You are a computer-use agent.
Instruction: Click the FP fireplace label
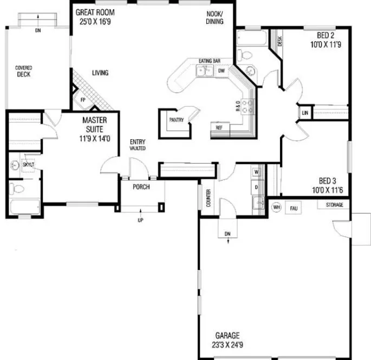point(83,100)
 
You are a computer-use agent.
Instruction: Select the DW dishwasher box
point(221,71)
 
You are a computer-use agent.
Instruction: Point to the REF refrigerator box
point(219,128)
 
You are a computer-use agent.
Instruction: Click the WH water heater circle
point(276,207)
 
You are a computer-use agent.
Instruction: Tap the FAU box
point(294,208)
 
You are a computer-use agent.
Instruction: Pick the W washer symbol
point(257,172)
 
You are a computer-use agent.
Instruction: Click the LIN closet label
point(305,113)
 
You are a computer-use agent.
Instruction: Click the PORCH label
point(141,187)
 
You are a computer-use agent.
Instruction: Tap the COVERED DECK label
point(23,71)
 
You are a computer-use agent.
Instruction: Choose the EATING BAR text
point(208,61)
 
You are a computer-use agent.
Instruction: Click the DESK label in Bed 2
point(279,41)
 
